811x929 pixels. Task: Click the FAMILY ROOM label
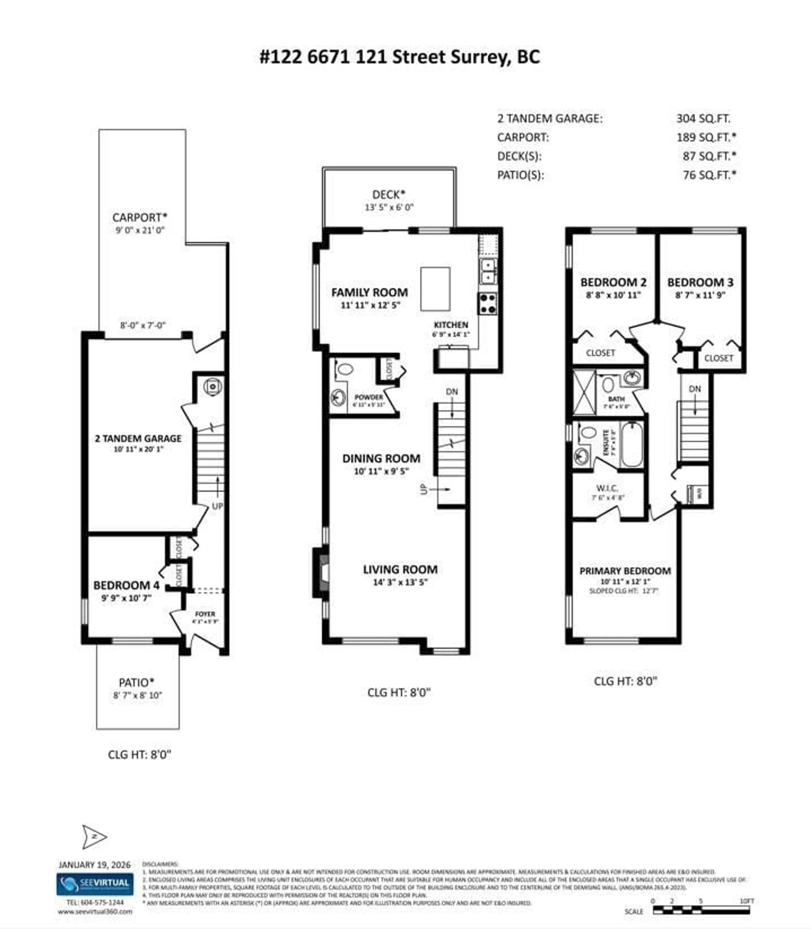pos(369,292)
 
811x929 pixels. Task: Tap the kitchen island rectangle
pos(435,289)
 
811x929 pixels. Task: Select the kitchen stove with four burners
pos(488,303)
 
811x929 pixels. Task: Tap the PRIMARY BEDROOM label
pos(625,571)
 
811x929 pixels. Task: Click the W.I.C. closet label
pos(607,488)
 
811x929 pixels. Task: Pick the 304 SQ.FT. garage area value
pos(703,119)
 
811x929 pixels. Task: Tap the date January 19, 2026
pos(95,865)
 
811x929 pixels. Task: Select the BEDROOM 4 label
pos(126,585)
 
